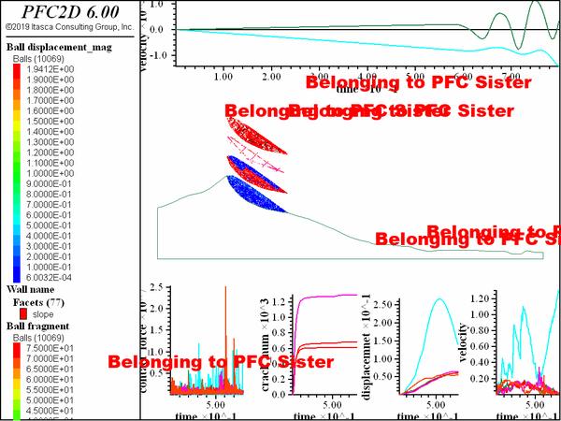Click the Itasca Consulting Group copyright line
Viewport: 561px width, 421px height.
pos(67,28)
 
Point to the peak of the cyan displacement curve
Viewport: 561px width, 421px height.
pos(439,298)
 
